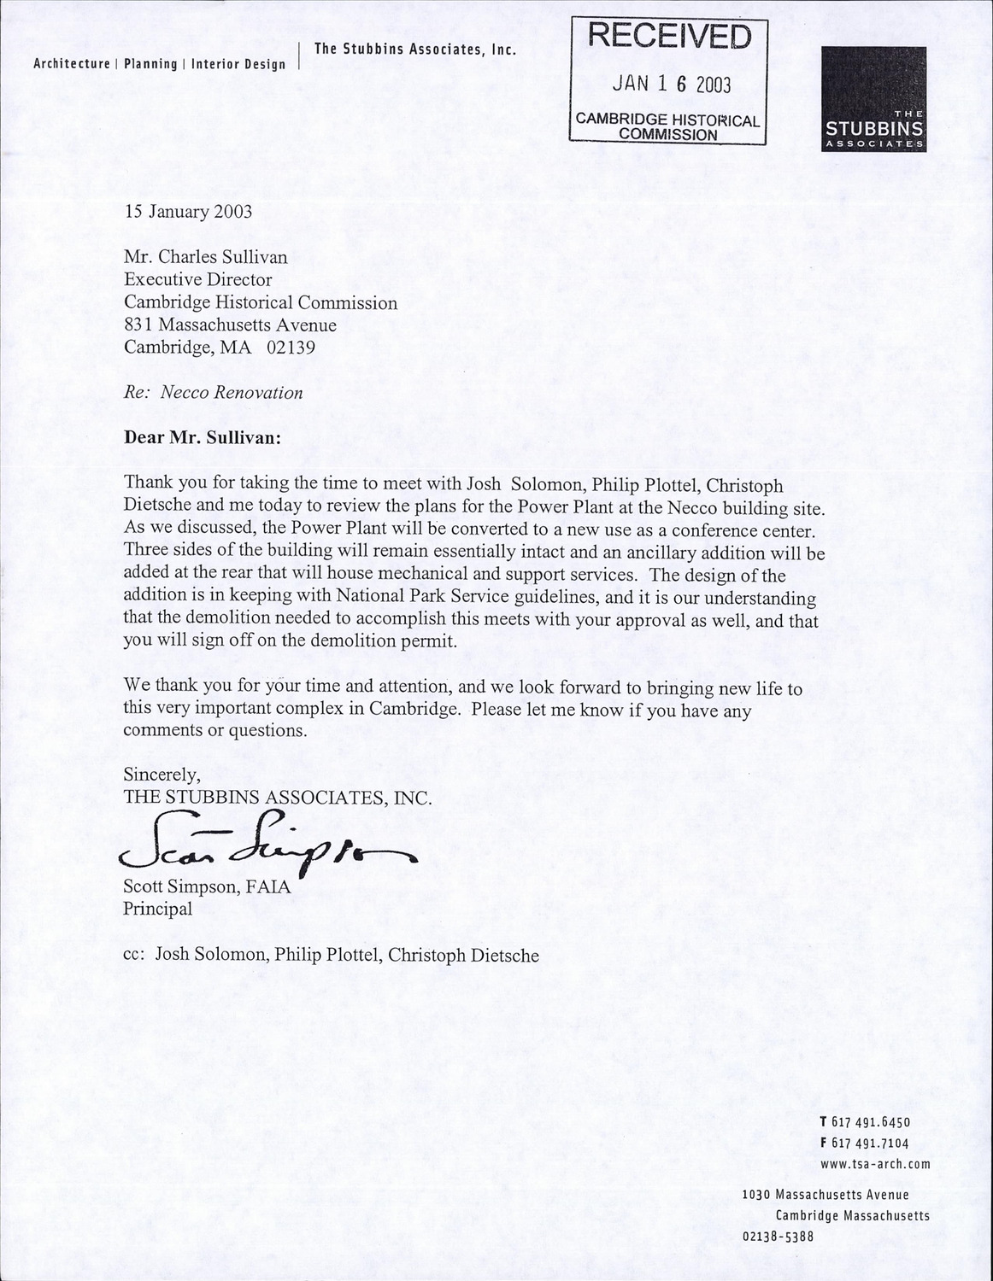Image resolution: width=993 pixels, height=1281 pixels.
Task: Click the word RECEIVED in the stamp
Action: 669,37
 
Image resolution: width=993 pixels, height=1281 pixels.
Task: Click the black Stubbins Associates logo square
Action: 873,98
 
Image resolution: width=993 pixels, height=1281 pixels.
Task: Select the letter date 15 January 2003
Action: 188,212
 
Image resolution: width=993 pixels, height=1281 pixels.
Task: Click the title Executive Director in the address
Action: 198,279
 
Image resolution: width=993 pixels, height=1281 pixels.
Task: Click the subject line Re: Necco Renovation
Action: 214,393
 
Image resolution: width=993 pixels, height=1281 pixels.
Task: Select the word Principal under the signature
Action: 158,909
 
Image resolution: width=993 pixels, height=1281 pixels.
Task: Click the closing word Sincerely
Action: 162,775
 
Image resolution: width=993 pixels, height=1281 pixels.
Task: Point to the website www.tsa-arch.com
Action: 874,1163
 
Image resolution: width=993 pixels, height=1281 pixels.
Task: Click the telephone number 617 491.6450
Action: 870,1122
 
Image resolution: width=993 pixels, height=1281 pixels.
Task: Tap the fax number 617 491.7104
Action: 870,1143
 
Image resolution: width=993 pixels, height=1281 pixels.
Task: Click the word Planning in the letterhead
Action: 150,64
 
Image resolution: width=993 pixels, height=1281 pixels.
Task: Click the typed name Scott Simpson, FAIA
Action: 208,886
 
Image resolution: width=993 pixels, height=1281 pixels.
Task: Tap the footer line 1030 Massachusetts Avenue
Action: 826,1195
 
